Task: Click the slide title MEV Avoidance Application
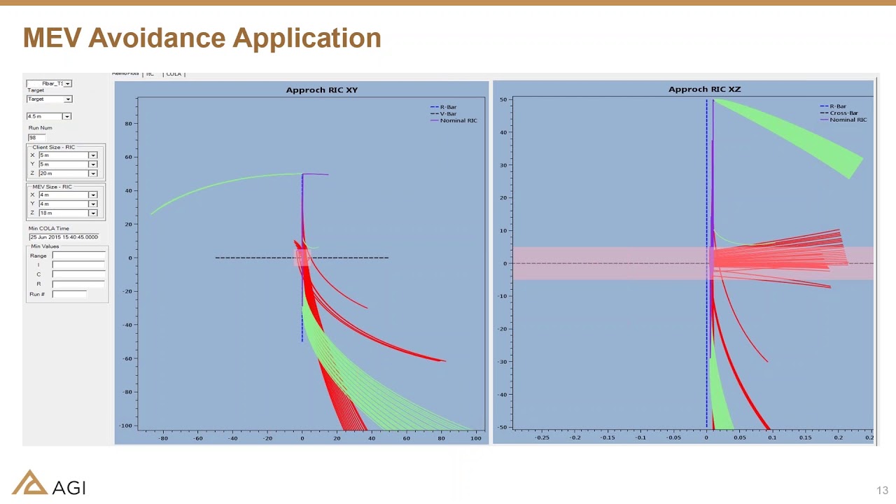point(202,38)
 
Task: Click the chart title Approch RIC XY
point(321,90)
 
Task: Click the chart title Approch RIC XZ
point(704,89)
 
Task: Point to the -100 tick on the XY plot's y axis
point(125,426)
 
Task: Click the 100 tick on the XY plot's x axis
point(476,438)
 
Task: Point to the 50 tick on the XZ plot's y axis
point(503,100)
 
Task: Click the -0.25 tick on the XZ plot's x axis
point(542,437)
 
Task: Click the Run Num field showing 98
point(36,137)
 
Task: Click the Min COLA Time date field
point(64,237)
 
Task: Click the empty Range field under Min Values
point(78,255)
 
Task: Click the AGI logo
point(48,482)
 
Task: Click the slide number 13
point(881,490)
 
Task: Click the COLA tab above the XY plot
point(174,73)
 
